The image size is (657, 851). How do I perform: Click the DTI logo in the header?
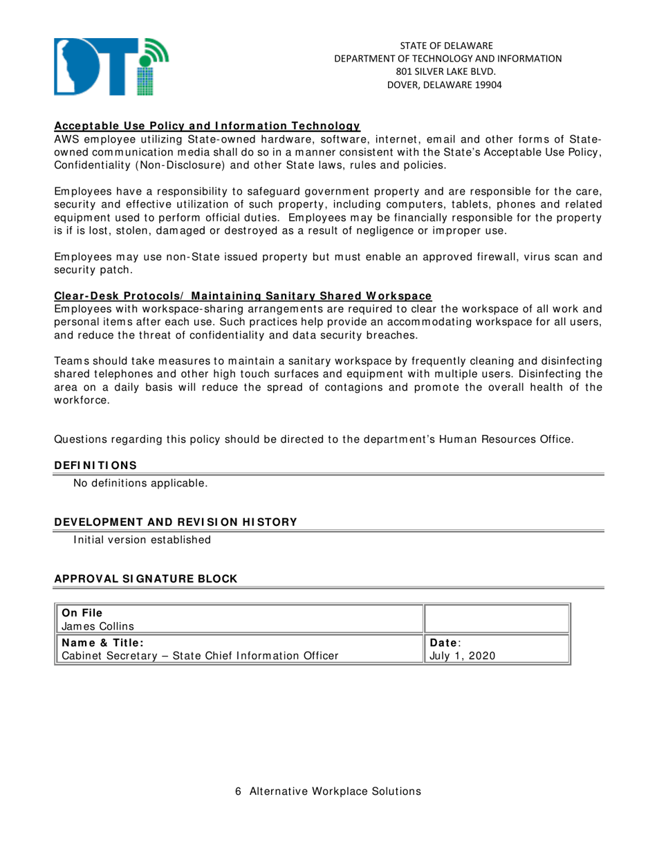coord(111,67)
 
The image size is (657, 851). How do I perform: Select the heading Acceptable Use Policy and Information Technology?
coord(207,126)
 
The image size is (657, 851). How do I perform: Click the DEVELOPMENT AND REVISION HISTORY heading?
coord(175,522)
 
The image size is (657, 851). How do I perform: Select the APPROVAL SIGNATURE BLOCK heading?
coord(145,578)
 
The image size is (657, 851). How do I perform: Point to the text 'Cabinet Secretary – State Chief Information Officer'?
coord(201,655)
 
